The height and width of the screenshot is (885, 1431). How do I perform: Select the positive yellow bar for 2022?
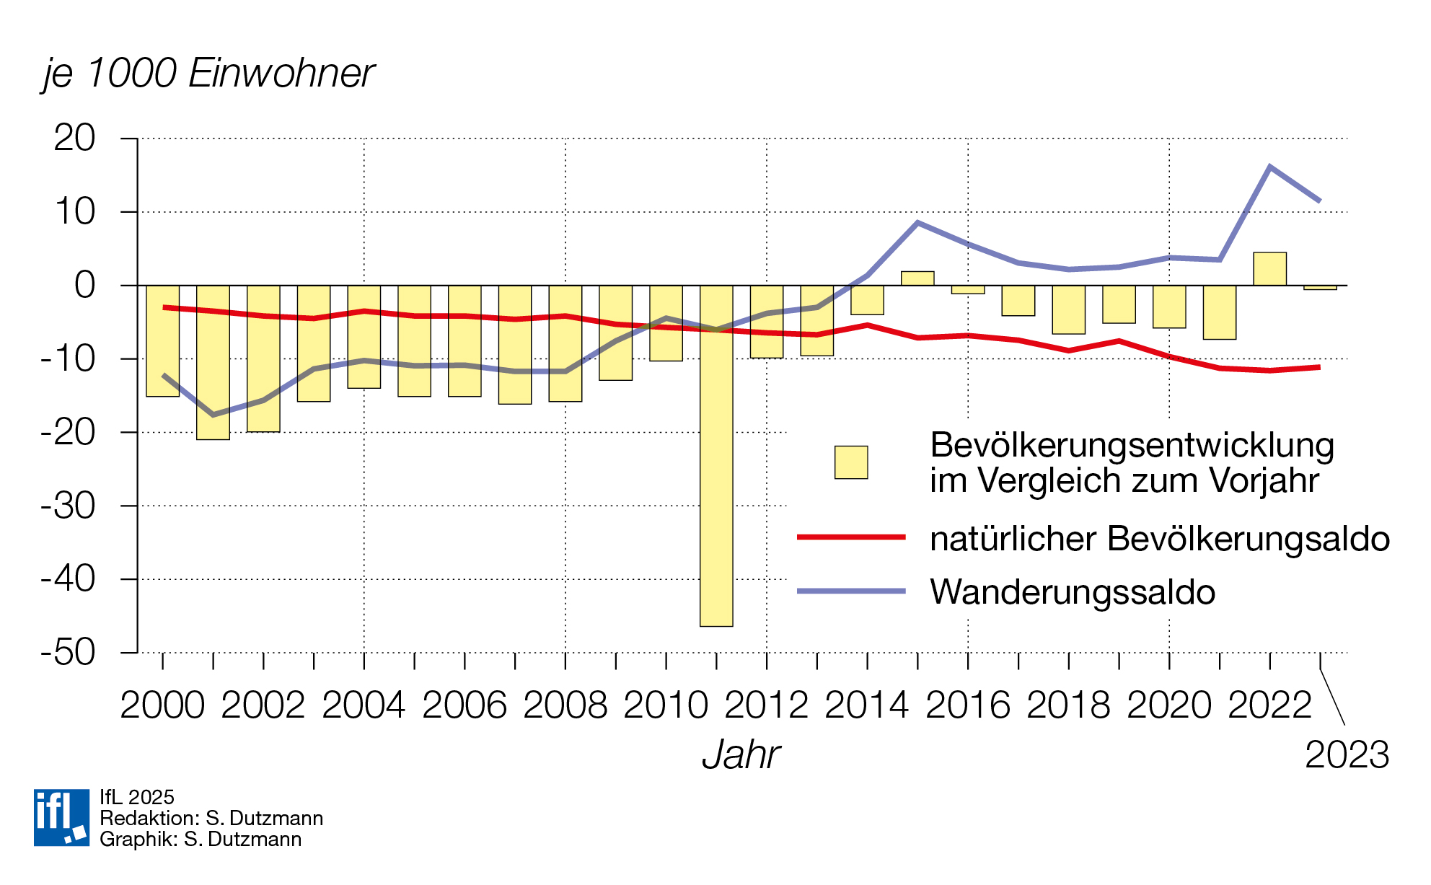coord(1269,269)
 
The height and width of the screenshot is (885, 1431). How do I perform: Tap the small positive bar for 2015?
coord(917,278)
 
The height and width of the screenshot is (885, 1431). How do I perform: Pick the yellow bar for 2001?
coord(213,362)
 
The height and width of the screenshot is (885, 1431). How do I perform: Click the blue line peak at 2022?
coord(1269,167)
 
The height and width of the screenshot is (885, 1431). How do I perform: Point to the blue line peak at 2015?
coord(917,223)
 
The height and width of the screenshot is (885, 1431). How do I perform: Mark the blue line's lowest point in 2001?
coord(213,415)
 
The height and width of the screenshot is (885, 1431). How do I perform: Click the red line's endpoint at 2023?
coord(1319,368)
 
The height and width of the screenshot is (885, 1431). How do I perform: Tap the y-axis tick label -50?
coord(68,653)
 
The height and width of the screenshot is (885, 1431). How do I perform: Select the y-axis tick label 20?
coord(74,138)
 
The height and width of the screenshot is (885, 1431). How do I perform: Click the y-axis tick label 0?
coord(84,286)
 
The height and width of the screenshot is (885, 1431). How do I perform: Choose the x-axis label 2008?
coord(565,705)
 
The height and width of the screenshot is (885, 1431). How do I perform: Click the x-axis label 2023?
coord(1347,755)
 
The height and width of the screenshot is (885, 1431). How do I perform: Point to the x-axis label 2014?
coord(866,705)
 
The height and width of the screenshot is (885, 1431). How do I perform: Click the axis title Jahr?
coord(741,755)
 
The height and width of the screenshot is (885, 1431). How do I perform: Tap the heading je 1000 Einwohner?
coord(208,73)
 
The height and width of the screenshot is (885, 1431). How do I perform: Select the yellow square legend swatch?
coord(851,462)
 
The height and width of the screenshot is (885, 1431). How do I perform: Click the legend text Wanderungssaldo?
coord(1073,592)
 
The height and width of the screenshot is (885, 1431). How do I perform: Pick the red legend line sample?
coord(851,537)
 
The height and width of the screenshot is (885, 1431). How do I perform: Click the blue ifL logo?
coord(61,817)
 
